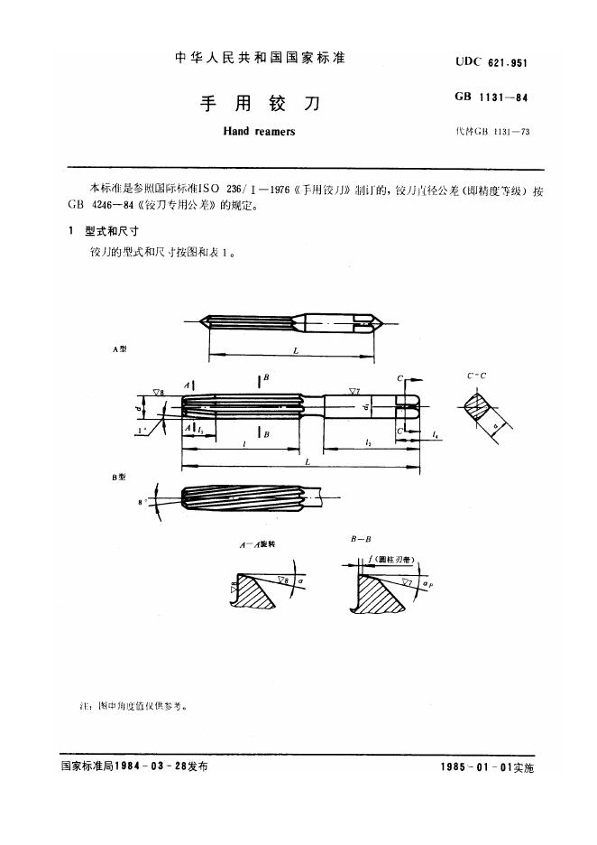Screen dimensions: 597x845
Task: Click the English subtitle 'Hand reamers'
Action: tap(258, 132)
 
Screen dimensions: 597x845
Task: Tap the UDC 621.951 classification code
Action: tap(491, 61)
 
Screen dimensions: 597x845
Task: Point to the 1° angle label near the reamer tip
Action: tap(143, 432)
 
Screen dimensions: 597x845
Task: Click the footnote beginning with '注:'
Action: tap(134, 706)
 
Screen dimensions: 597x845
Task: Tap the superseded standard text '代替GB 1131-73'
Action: tap(493, 132)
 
